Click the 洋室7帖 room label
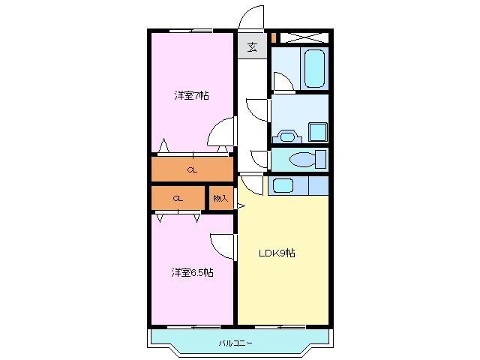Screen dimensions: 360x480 (191, 95)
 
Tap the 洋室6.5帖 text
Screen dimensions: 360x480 (192, 272)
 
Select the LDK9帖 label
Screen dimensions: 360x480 (277, 253)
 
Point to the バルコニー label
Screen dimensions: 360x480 (235, 343)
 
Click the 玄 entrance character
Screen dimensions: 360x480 (252, 47)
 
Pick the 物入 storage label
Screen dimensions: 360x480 (220, 199)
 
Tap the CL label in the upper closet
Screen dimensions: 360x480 (193, 170)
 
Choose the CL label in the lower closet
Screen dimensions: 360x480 (178, 199)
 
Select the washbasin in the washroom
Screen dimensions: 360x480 (287, 136)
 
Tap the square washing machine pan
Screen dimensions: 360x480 (318, 131)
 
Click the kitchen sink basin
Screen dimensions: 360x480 (282, 184)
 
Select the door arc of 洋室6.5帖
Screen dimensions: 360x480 (223, 245)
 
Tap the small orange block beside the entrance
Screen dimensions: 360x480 (274, 36)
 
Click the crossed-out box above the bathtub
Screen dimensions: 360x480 (307, 36)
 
